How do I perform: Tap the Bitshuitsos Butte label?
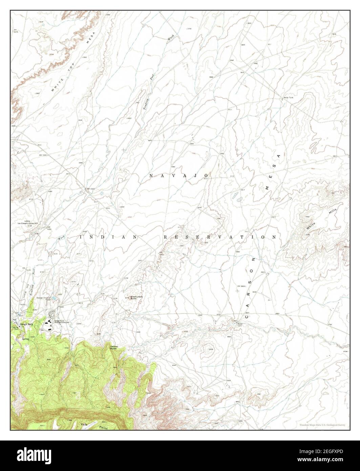(136, 298)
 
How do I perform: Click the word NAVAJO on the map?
(178, 176)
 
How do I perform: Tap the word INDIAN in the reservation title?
(108, 237)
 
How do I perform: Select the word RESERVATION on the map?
(220, 237)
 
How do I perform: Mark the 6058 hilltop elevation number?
(210, 349)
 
